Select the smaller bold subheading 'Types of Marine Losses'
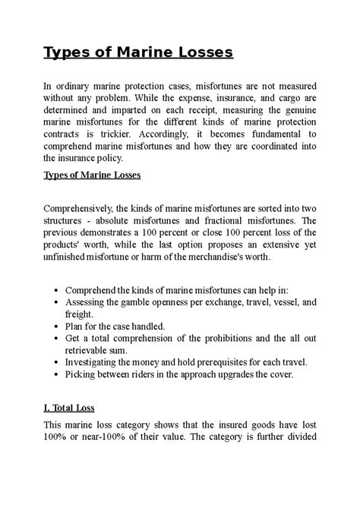[x=93, y=175]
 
